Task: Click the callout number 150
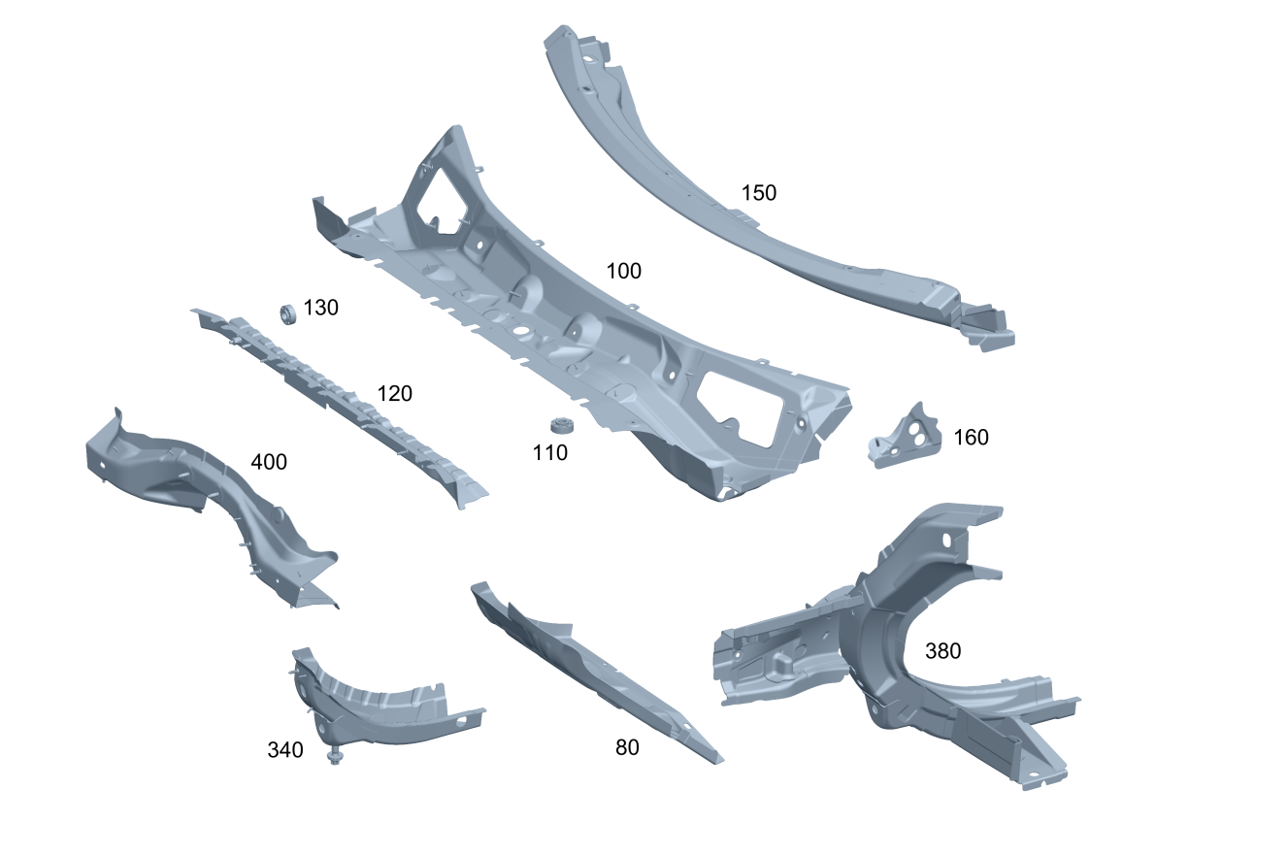[758, 193]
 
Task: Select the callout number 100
[623, 271]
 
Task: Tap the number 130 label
[320, 308]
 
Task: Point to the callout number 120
[394, 394]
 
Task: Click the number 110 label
[550, 453]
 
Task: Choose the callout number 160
[971, 438]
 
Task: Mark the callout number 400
[269, 461]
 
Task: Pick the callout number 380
[942, 651]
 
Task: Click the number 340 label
[285, 750]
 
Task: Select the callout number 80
[627, 747]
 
